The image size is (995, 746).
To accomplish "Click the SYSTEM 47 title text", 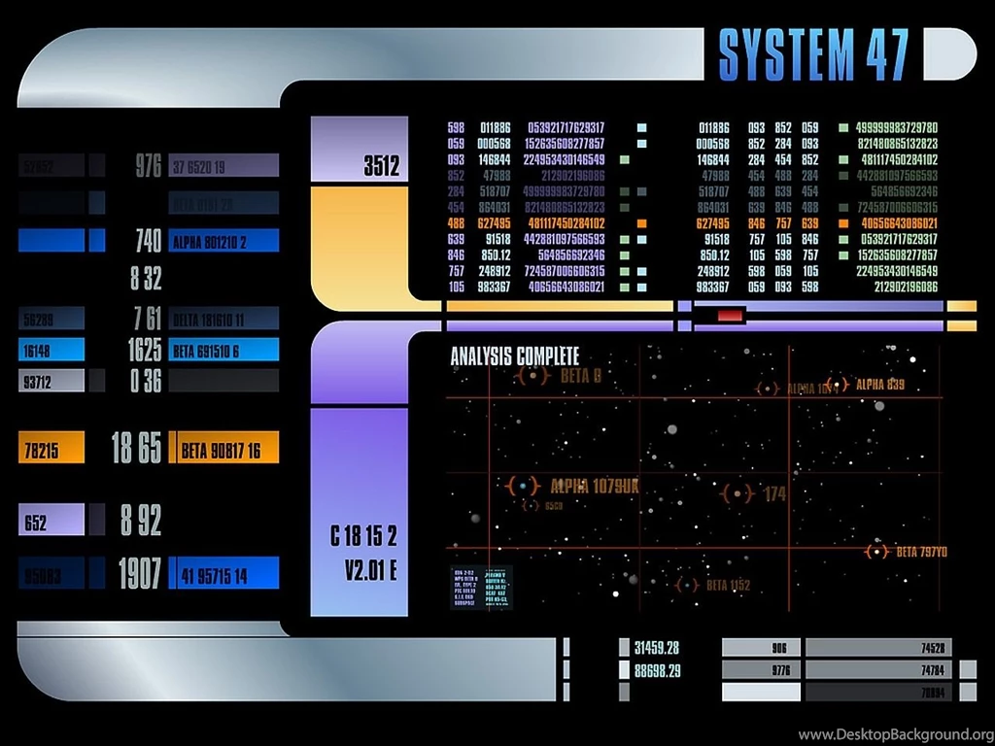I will point(813,54).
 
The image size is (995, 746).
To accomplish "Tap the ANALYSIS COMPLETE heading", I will point(514,356).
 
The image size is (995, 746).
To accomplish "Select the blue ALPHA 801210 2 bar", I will point(223,241).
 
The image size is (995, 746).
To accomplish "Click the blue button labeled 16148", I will point(51,350).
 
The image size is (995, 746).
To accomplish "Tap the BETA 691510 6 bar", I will point(223,350).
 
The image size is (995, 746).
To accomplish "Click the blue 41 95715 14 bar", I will point(223,574).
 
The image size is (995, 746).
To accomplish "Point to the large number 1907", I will point(139,574).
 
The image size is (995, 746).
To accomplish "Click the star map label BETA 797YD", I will point(921,552).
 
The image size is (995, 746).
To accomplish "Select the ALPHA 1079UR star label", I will point(594,486).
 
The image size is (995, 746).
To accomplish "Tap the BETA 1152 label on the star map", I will point(728,585).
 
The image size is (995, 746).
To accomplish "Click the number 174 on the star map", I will point(774,493).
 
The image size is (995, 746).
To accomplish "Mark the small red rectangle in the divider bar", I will point(730,314).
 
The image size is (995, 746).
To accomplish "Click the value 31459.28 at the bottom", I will point(657,648).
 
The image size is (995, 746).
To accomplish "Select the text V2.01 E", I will point(369,570).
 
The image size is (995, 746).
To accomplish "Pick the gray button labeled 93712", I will point(51,381).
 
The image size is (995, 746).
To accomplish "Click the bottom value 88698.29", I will point(657,670).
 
